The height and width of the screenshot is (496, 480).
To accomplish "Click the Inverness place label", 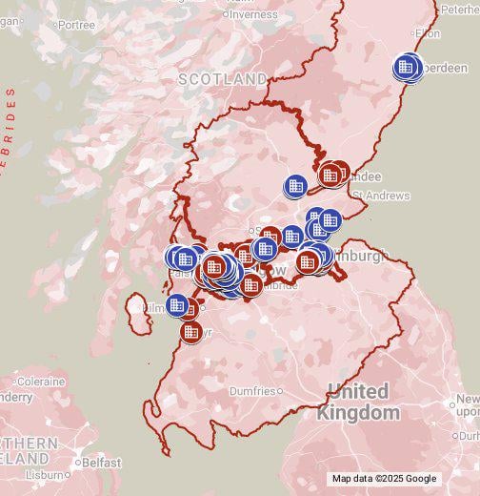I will pyautogui.click(x=254, y=14).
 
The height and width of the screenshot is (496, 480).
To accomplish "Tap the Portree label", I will pyautogui.click(x=76, y=25).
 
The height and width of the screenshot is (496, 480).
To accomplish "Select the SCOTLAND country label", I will pyautogui.click(x=222, y=79).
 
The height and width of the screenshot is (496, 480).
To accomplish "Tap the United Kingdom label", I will pyautogui.click(x=358, y=403).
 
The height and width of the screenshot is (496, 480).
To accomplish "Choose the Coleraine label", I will pyautogui.click(x=39, y=381).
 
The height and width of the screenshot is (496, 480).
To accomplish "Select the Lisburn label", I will pyautogui.click(x=44, y=474).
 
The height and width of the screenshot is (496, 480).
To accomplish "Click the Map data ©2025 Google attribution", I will pyautogui.click(x=384, y=479).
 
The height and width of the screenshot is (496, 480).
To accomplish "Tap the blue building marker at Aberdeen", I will pyautogui.click(x=407, y=67).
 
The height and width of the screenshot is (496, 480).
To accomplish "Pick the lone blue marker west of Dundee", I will pyautogui.click(x=295, y=185).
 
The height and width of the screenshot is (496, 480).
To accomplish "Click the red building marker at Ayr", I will pyautogui.click(x=190, y=332).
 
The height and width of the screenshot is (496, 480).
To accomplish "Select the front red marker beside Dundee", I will pyautogui.click(x=330, y=175).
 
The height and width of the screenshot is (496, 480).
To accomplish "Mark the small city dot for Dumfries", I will pyautogui.click(x=280, y=390).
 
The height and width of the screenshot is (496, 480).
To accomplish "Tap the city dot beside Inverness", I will pyautogui.click(x=226, y=14).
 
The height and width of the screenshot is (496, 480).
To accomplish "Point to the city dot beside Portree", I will pyautogui.click(x=52, y=25).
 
